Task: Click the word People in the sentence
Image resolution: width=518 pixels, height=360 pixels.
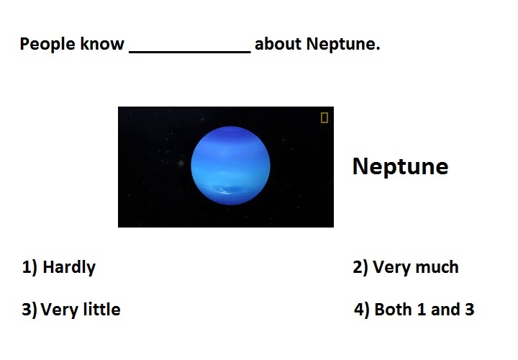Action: (x=47, y=45)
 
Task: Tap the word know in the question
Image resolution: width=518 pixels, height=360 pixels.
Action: (x=102, y=44)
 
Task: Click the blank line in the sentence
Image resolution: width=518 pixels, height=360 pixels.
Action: (x=190, y=52)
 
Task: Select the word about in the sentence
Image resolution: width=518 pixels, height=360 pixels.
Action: (x=278, y=44)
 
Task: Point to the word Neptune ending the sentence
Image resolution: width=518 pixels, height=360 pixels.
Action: (x=343, y=45)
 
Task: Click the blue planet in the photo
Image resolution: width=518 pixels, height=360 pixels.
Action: (x=230, y=166)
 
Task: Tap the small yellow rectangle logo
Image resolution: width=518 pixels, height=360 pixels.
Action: (x=324, y=117)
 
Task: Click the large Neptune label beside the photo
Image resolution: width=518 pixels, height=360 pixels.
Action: (x=401, y=167)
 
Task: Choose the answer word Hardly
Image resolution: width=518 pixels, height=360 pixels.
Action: (x=69, y=267)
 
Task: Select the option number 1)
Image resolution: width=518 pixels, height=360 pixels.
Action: (x=29, y=267)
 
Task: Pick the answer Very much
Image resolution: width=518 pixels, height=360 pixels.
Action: (x=416, y=267)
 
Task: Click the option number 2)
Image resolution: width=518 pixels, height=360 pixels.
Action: (x=360, y=267)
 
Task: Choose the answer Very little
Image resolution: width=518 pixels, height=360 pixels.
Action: (x=81, y=310)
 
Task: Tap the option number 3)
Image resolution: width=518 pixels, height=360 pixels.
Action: (x=29, y=310)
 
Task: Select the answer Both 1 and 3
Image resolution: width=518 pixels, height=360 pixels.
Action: (x=424, y=310)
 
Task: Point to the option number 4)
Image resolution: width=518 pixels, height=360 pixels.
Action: (x=361, y=310)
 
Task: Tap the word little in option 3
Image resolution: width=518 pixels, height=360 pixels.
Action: (x=101, y=309)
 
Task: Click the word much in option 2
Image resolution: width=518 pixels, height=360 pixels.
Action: (x=437, y=267)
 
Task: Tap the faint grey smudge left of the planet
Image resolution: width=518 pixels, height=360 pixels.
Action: (x=181, y=163)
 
